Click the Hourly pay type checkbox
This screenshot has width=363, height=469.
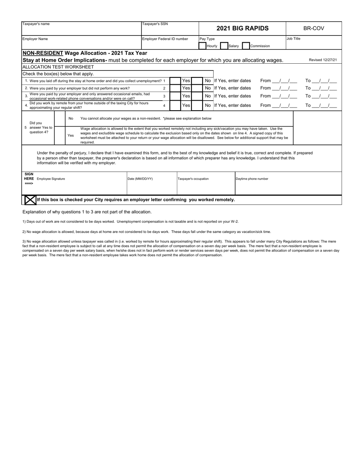tap(203, 46)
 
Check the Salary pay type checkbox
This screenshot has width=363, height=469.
tap(224, 46)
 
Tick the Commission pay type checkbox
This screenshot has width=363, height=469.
tap(246, 46)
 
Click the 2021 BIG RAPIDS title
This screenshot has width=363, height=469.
tap(242, 28)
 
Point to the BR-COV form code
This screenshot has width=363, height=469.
tap(314, 28)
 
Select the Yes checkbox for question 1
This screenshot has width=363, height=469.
tap(175, 81)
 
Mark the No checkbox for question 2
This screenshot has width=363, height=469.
tap(197, 88)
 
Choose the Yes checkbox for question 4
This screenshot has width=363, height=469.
tap(175, 105)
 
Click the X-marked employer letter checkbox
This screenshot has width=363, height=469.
tap(30, 200)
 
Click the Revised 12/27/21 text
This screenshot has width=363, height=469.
tap(322, 60)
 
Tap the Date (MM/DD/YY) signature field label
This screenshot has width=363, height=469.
tap(140, 179)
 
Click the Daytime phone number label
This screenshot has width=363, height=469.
tap(252, 179)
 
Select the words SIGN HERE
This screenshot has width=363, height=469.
tap(29, 177)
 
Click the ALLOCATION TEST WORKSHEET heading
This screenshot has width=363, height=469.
tap(58, 67)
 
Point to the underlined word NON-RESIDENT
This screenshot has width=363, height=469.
tap(43, 53)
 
